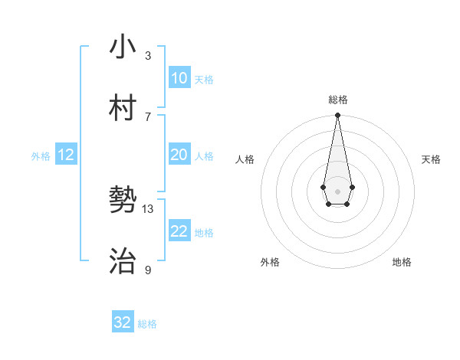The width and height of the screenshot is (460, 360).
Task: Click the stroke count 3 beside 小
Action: (148, 55)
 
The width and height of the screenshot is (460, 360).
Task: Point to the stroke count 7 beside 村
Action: (148, 116)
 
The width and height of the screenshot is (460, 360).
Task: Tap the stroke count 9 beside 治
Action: (148, 270)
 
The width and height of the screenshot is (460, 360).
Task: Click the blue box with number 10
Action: (179, 78)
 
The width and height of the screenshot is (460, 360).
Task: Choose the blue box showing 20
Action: (179, 155)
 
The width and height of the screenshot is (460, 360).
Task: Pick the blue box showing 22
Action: (179, 231)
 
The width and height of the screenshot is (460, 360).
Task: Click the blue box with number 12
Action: (66, 155)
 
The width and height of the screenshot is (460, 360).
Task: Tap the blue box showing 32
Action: (123, 322)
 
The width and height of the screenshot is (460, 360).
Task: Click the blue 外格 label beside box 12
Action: (41, 156)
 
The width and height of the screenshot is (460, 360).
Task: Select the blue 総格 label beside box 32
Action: (147, 324)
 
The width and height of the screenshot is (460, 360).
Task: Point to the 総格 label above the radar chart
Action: (337, 100)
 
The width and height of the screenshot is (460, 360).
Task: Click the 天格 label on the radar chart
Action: (432, 159)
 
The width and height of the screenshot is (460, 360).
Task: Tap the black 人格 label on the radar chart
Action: (245, 159)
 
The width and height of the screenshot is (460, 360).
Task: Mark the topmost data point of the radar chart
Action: (337, 116)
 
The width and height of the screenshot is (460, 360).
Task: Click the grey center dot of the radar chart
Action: (337, 190)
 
